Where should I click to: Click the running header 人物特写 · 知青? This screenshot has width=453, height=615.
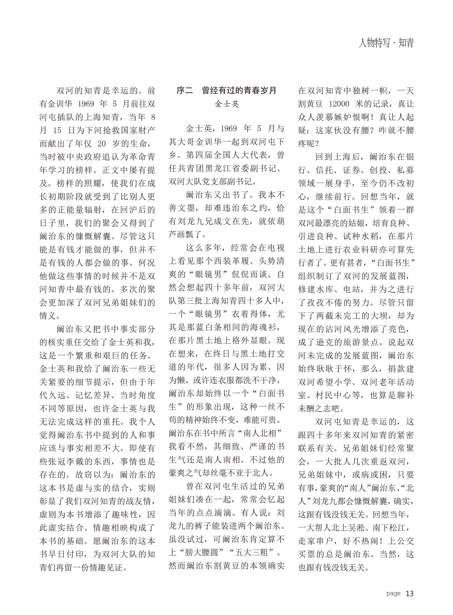(386, 43)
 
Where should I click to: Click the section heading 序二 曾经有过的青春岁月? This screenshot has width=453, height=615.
(226, 90)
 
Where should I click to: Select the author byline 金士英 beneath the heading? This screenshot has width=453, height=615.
(226, 104)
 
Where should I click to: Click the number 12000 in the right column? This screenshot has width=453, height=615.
(339, 104)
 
